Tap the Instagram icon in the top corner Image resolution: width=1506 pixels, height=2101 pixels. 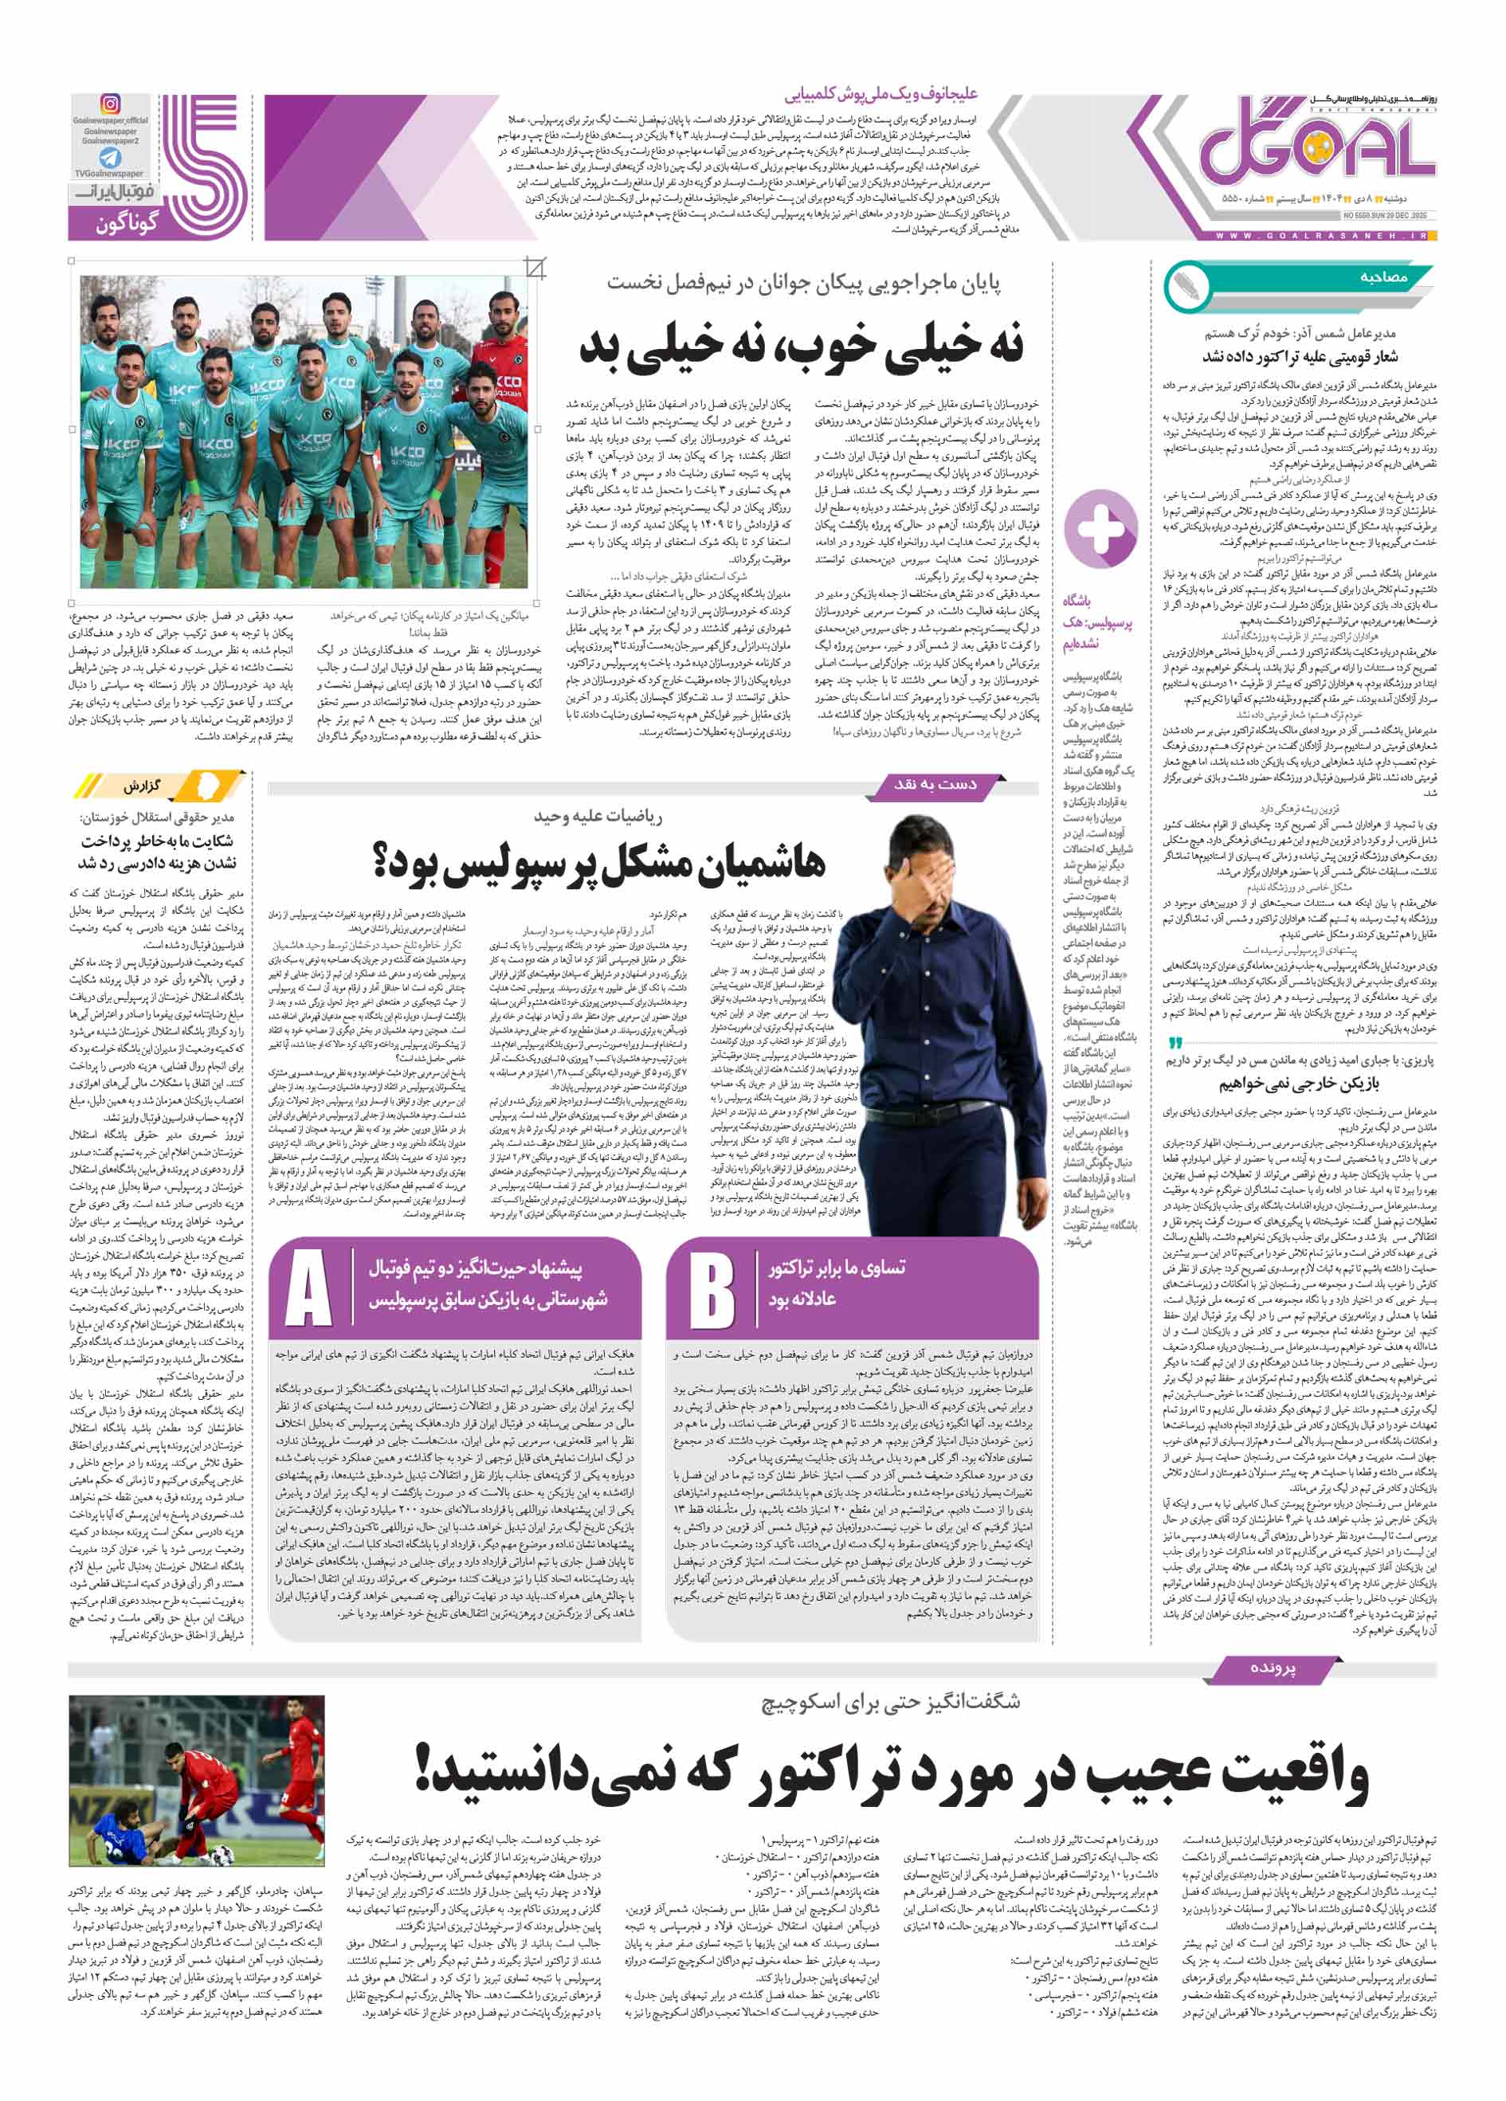(x=110, y=104)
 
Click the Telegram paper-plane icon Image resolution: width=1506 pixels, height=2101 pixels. (x=110, y=158)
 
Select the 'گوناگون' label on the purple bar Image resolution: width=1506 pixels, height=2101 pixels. (x=127, y=223)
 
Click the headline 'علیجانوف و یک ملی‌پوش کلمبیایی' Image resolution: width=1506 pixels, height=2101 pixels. (x=880, y=93)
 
